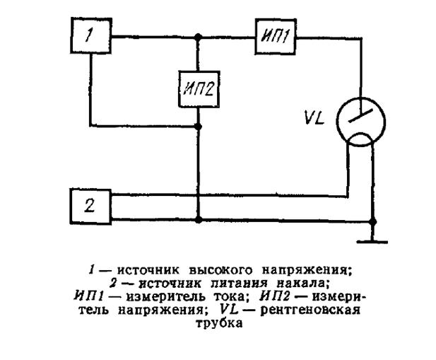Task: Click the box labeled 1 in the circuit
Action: tap(90, 37)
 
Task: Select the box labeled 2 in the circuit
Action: tap(90, 207)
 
